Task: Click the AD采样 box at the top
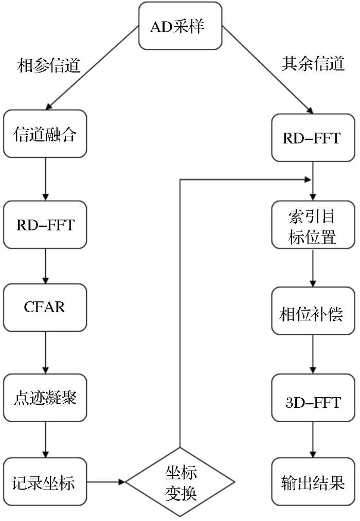[180, 26]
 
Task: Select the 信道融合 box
[45, 134]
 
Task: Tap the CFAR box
[45, 308]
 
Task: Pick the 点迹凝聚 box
[45, 398]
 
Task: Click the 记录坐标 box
[45, 481]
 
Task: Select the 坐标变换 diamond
[180, 481]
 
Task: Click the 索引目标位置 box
[313, 225]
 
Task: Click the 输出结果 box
[313, 481]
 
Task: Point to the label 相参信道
[49, 65]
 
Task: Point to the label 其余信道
[313, 63]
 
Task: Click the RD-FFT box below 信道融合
[45, 225]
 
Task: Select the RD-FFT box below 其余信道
[313, 138]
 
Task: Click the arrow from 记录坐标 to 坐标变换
[106, 481]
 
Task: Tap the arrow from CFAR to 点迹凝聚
[45, 352]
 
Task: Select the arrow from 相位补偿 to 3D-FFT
[313, 354]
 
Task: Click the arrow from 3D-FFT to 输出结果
[313, 440]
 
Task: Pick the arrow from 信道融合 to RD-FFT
[45, 179]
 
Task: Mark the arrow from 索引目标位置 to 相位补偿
[313, 268]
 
